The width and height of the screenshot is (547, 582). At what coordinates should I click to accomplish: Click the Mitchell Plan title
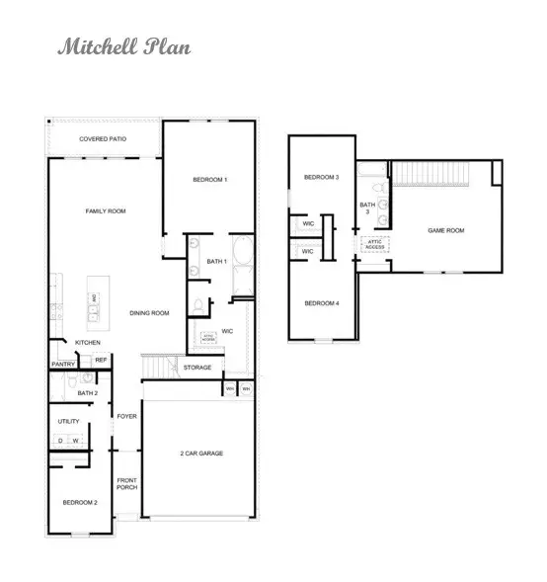[x=123, y=46]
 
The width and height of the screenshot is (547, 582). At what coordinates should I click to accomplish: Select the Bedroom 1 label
[x=210, y=179]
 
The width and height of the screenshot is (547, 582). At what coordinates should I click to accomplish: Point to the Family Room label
[x=106, y=210]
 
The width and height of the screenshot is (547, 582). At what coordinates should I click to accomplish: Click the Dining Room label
[x=150, y=313]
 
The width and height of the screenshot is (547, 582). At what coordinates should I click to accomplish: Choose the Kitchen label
[x=88, y=343]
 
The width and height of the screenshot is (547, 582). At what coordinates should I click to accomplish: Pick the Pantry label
[x=63, y=364]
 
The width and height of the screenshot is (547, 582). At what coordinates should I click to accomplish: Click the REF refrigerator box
[x=101, y=361]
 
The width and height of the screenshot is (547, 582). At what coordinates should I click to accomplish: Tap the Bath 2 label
[x=87, y=392]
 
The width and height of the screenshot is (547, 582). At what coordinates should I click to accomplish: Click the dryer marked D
[x=59, y=440]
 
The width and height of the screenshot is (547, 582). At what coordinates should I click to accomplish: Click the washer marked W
[x=75, y=440]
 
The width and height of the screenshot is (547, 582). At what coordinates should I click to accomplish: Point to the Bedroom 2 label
[x=82, y=503]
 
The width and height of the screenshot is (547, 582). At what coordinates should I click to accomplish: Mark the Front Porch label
[x=126, y=484]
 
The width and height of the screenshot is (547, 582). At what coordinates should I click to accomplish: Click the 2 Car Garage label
[x=200, y=453]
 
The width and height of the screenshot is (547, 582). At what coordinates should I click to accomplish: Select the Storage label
[x=197, y=368]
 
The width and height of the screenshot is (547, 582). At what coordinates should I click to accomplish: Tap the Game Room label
[x=445, y=230]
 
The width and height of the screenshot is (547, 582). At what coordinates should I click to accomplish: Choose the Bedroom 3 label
[x=321, y=177]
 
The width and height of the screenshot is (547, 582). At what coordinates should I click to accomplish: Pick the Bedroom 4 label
[x=322, y=302]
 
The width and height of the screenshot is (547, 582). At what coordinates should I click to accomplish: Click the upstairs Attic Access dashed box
[x=375, y=244]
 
